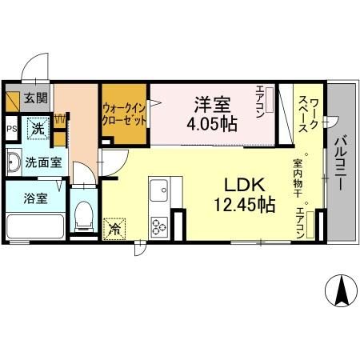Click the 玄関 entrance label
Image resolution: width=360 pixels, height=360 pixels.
pos(34,99)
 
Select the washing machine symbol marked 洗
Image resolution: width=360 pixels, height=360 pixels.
pos(37,127)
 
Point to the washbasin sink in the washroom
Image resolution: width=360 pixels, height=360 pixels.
pos(14,162)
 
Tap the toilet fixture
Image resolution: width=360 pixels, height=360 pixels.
pos(83,214)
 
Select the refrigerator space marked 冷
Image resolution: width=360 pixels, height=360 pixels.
pos(115,228)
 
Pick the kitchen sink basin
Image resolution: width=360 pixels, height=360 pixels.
pos(158,192)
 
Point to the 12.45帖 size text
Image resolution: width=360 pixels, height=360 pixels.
pos(244,205)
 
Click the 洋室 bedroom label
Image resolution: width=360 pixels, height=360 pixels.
pos(211,104)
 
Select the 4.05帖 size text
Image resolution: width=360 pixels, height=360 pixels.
pos(211,124)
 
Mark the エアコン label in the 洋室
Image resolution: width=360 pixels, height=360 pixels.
pos(261,102)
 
